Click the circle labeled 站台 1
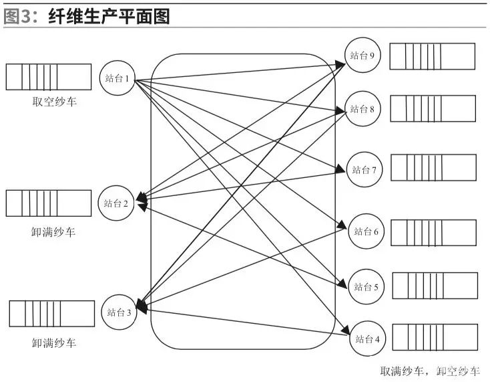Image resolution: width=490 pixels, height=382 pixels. [x=117, y=78]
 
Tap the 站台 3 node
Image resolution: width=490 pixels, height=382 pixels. [x=119, y=312]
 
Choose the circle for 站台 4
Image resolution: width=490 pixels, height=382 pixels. [x=367, y=339]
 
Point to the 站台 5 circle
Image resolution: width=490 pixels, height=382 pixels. [x=366, y=286]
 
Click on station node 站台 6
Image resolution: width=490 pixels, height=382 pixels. [x=366, y=231]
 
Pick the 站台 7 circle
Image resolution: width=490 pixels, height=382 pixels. [x=365, y=170]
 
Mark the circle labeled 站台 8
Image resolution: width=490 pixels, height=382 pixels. [x=363, y=109]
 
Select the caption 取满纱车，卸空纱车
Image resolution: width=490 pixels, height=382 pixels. [x=430, y=370]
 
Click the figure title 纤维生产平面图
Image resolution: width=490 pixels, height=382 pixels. [x=109, y=15]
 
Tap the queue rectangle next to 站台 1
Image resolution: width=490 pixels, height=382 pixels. [x=49, y=77]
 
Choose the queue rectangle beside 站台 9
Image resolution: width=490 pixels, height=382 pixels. [x=433, y=56]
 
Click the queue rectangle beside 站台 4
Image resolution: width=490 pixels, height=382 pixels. [x=435, y=337]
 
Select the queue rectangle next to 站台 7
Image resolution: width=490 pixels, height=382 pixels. [x=433, y=168]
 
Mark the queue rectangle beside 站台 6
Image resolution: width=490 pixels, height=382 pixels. [x=433, y=232]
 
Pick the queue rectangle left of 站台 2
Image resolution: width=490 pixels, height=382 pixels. [x=49, y=203]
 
